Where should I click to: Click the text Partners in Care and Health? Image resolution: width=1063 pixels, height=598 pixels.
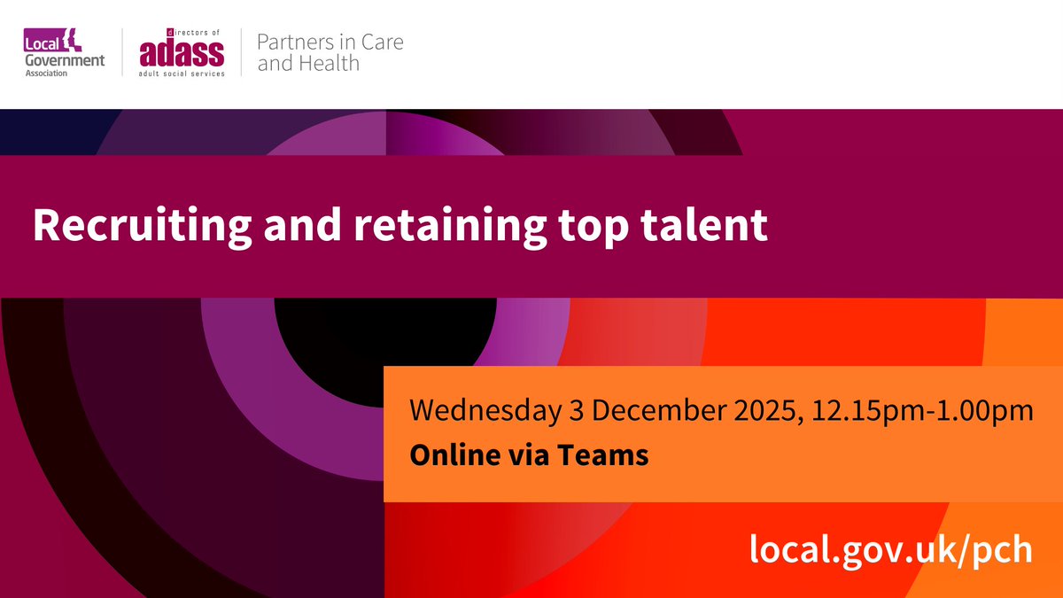point(330,52)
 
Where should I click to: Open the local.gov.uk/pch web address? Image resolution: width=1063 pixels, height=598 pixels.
point(890,550)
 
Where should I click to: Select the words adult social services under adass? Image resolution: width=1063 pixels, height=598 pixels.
point(182,73)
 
